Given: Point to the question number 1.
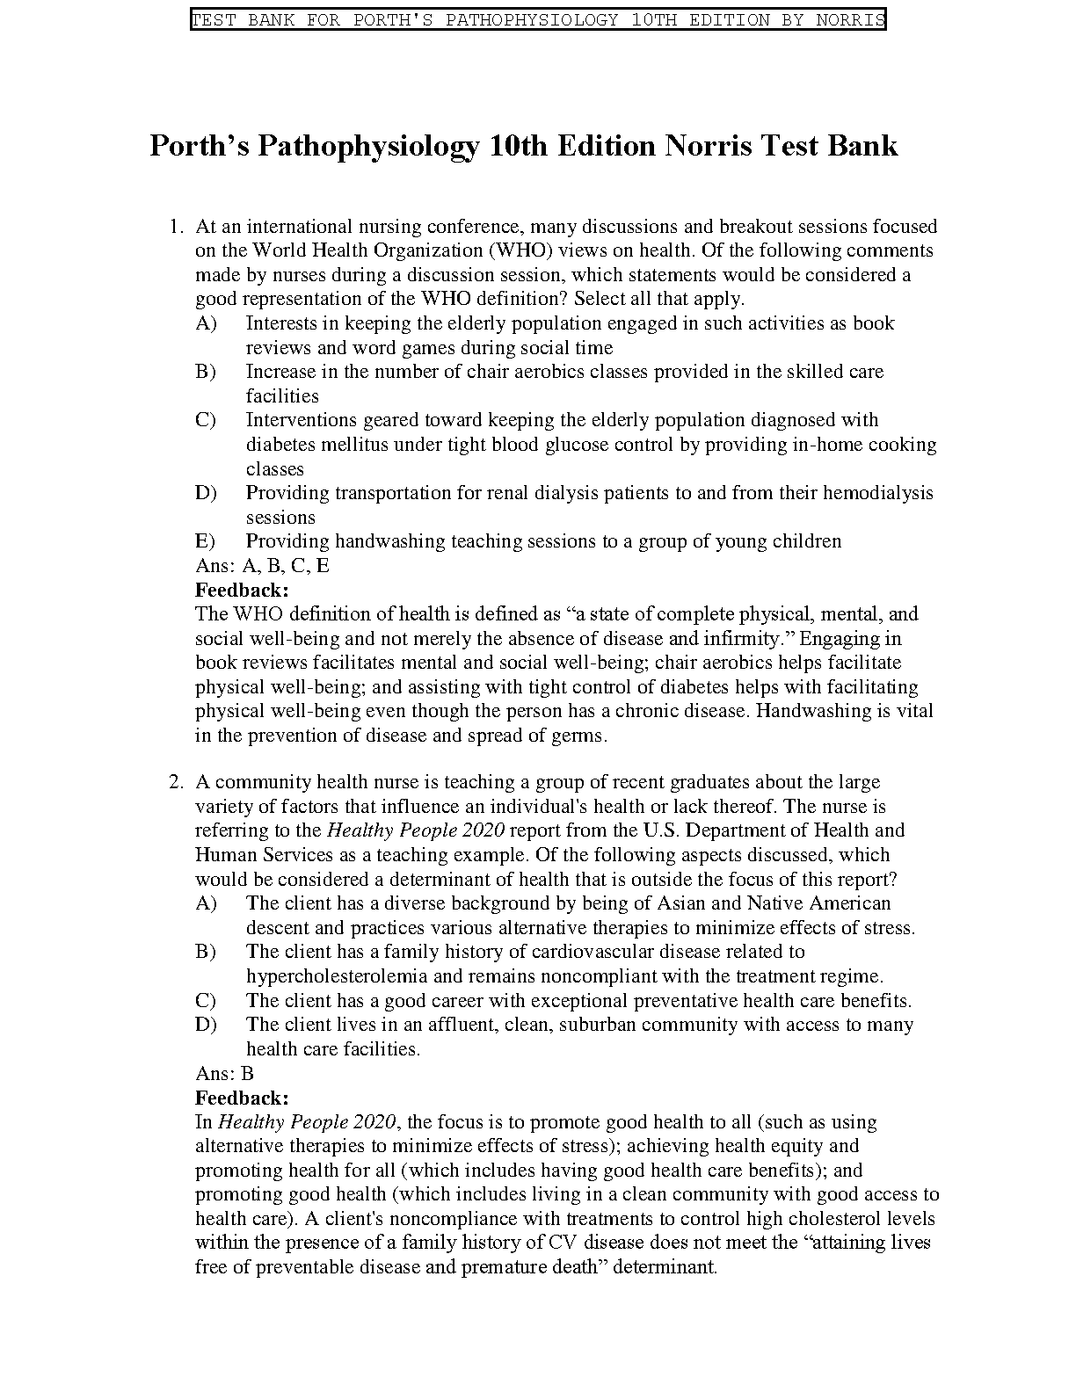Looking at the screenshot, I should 175,227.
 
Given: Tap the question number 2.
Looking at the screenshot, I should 175,782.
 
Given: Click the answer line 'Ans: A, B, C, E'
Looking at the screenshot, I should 262,566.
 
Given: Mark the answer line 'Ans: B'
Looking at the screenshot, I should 224,1073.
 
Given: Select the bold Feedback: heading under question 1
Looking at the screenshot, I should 242,590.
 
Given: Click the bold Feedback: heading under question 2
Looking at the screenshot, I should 242,1098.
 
